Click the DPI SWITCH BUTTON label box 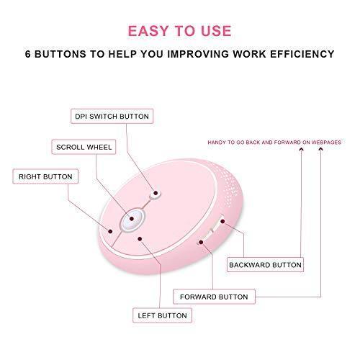(x=112, y=117)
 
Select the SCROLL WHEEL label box (x=84, y=147)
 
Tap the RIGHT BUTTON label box (x=45, y=176)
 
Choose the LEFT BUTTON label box (x=162, y=315)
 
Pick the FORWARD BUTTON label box (x=214, y=297)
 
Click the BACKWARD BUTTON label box (x=265, y=265)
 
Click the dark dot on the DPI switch (x=156, y=193)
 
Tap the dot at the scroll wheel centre (x=132, y=219)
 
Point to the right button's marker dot (x=110, y=231)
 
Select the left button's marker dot (x=140, y=239)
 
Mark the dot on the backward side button (x=222, y=221)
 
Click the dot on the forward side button (x=201, y=242)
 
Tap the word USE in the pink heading (x=216, y=31)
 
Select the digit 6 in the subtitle (x=28, y=54)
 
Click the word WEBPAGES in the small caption (x=326, y=143)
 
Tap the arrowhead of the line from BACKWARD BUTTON (x=302, y=150)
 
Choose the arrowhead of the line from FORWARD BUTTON (x=320, y=150)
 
